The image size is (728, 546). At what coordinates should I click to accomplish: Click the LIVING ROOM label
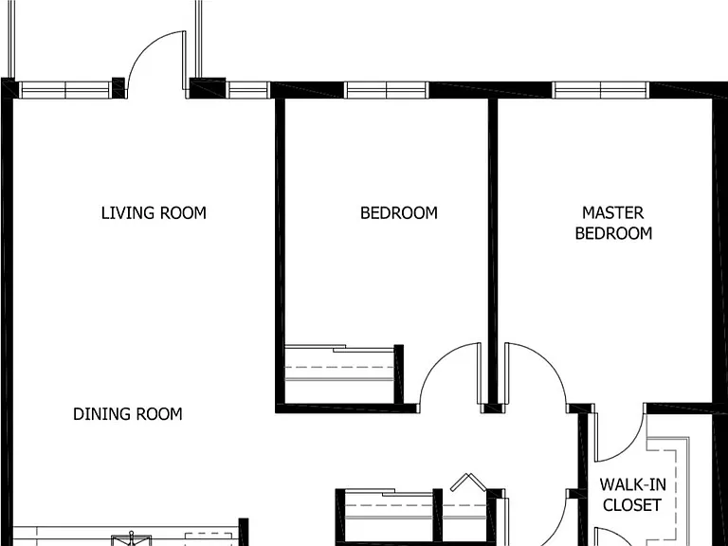coord(154,213)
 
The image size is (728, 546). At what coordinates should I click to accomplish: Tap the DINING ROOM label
coord(128,414)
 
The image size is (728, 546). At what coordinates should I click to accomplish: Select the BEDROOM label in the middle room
coord(399,213)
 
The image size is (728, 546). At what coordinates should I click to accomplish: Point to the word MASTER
coord(613,213)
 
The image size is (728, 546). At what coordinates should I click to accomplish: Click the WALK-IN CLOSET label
coord(632,495)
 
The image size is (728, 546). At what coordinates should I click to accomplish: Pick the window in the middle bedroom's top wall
coord(387,90)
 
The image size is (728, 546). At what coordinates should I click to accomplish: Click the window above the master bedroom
coord(601,90)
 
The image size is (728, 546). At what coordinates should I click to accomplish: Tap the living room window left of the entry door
coord(65,90)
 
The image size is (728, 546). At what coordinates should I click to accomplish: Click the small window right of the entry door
coord(248,90)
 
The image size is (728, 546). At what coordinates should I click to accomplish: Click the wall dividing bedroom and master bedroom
coord(493,250)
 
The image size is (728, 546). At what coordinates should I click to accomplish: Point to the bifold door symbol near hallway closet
coord(469,482)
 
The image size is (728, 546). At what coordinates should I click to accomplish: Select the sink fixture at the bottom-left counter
coord(132,538)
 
